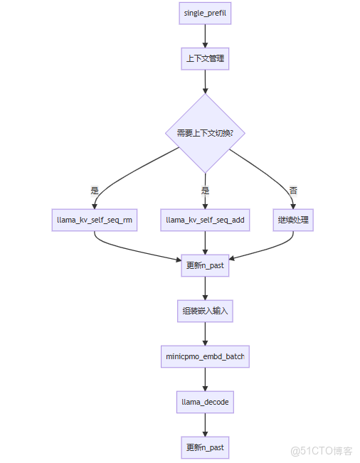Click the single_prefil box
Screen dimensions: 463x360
pos(205,14)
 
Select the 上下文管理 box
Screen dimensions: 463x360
pos(205,58)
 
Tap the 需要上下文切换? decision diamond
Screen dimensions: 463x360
pos(205,133)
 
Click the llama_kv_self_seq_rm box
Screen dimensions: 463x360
pos(95,220)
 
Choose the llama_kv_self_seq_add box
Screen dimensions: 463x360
pos(205,220)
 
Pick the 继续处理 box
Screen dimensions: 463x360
pos(293,220)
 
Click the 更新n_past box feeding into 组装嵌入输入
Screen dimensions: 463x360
pos(205,265)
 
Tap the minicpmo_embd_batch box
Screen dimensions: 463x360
pos(205,356)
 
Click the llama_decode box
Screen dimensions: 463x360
pos(205,403)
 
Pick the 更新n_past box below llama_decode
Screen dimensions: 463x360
pos(205,447)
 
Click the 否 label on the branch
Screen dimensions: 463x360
pos(293,191)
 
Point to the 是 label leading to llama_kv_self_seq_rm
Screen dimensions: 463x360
pos(95,191)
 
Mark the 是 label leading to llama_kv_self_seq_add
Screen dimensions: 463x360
pos(205,191)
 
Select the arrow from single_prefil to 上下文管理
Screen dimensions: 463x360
pos(205,36)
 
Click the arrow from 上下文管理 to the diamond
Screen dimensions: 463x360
pos(205,82)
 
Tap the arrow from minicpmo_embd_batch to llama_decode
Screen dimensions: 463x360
pos(205,379)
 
